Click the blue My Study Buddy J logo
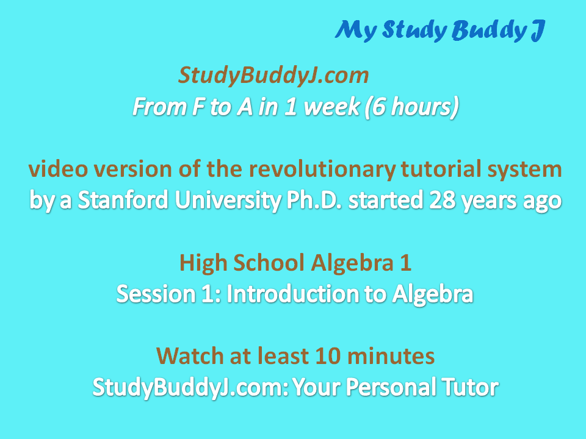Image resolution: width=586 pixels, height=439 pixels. click(x=440, y=30)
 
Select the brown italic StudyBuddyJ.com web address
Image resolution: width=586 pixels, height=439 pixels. click(x=273, y=76)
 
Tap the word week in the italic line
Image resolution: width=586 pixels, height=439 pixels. click(x=331, y=107)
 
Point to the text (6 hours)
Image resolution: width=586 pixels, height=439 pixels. click(x=411, y=107)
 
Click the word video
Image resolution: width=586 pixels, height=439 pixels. click(x=57, y=169)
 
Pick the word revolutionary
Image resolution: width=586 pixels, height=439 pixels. click(x=322, y=169)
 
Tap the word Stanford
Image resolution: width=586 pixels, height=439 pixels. click(x=123, y=200)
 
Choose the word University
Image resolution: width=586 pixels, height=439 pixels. click(x=228, y=201)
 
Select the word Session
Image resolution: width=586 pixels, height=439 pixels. click(x=156, y=294)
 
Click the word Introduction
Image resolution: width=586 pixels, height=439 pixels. click(x=292, y=294)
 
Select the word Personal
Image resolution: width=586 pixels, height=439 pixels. click(x=391, y=387)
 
